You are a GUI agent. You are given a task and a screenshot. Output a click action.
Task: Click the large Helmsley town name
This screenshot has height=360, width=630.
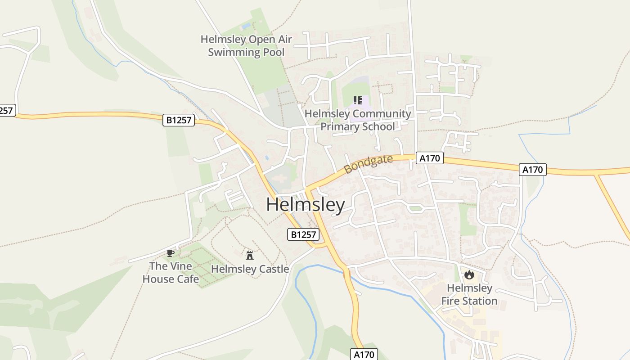point(306,205)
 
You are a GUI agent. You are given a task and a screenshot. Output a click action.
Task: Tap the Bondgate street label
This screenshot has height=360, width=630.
point(369,164)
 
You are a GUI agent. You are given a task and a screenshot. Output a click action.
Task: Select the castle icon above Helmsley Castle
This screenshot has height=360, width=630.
point(250,256)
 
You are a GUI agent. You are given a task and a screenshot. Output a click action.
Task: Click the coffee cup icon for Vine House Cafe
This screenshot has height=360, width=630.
point(170,253)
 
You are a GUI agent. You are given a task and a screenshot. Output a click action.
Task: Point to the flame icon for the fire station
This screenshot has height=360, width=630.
point(469,274)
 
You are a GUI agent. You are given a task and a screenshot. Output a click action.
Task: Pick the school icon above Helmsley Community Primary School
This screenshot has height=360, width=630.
point(358,100)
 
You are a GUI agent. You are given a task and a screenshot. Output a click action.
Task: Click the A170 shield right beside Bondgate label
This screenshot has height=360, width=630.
point(430,158)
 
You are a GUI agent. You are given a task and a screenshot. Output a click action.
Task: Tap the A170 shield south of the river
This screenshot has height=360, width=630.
point(364,354)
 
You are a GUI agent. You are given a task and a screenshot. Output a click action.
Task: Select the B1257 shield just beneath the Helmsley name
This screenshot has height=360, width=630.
point(303,234)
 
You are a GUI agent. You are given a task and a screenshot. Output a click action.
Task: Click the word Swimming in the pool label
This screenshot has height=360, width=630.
point(230,52)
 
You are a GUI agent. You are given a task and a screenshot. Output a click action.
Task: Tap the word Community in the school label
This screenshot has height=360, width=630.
point(382,113)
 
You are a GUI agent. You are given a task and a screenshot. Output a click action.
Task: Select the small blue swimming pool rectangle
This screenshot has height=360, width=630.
point(246,26)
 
